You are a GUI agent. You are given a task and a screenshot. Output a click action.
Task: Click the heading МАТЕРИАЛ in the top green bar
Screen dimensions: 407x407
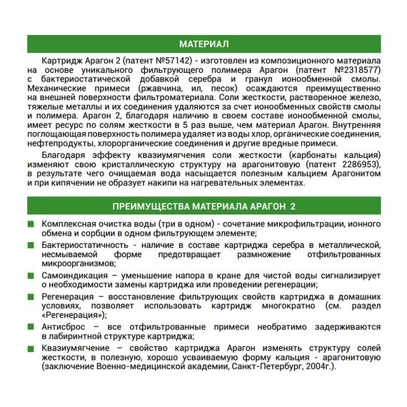[x=203, y=44]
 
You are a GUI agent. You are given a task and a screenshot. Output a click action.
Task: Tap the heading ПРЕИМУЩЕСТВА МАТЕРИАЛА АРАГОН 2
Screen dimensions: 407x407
[x=203, y=206]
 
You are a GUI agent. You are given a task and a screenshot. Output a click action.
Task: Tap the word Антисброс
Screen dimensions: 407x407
[x=63, y=326]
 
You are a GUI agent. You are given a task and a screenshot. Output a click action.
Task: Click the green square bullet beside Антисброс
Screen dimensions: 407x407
[x=31, y=326]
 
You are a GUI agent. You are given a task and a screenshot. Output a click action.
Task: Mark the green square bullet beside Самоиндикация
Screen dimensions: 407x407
[x=31, y=274]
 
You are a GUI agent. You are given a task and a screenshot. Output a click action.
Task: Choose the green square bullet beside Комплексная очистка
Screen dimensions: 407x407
[x=31, y=224]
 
